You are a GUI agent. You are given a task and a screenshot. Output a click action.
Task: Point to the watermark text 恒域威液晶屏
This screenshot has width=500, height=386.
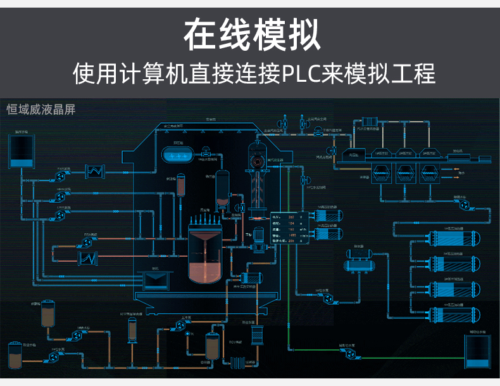(41, 109)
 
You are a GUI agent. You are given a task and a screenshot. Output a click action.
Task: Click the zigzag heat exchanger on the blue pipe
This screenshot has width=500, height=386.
(96, 171)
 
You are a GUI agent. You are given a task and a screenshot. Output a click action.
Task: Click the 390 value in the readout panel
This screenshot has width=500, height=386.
(292, 217)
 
